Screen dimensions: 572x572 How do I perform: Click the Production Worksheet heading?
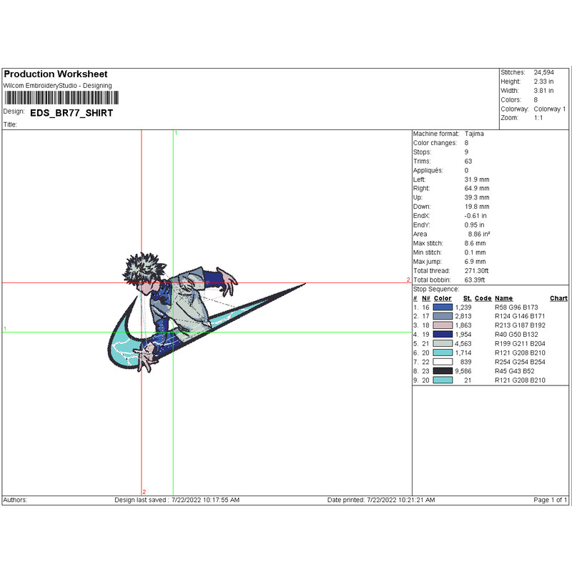tap(56, 74)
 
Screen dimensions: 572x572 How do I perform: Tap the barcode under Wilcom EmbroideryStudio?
tap(61, 98)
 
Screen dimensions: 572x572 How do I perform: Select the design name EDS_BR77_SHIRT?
tap(71, 113)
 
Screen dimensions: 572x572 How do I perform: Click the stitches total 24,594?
tap(543, 72)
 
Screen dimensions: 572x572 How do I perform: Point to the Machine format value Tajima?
tap(474, 134)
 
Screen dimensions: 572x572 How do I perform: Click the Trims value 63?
tap(468, 162)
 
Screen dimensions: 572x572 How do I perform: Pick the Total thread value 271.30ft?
tap(476, 271)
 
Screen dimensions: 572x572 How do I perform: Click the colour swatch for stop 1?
tap(443, 307)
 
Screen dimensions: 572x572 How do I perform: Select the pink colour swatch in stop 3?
tap(443, 325)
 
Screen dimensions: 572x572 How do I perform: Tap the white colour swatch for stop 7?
tap(443, 362)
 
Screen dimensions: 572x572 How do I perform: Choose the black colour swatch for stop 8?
tap(443, 371)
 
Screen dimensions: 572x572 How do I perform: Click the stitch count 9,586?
tap(463, 371)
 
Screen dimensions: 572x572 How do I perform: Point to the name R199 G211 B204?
tap(520, 344)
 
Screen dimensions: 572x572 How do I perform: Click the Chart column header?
tap(558, 298)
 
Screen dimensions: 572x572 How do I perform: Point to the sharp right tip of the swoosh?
tap(306, 283)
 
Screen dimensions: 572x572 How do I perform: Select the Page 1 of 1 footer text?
tap(550, 500)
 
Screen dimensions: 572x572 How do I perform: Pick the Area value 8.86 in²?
tap(478, 235)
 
